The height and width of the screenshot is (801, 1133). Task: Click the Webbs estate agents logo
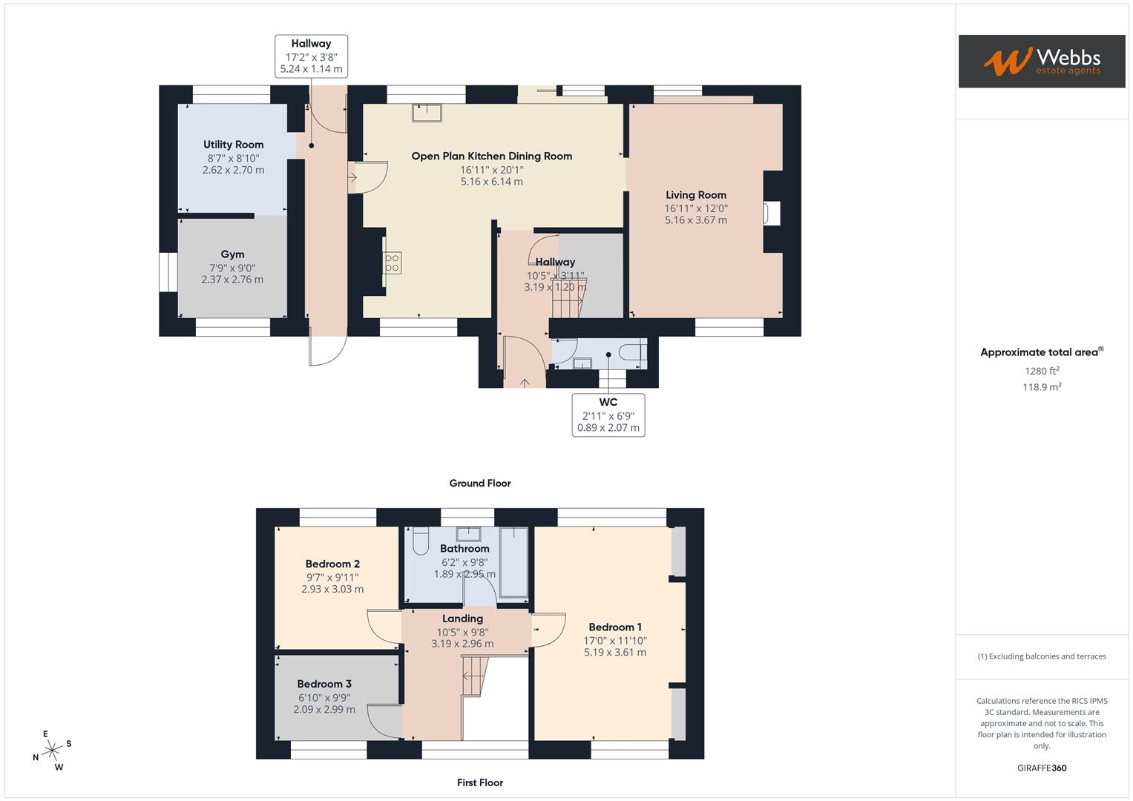click(x=1041, y=61)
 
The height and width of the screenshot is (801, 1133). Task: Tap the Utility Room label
click(x=233, y=145)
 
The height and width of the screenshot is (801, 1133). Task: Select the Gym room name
click(x=232, y=254)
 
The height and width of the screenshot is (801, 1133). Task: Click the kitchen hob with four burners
click(x=392, y=263)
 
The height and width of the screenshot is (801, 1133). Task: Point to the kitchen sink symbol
click(x=427, y=113)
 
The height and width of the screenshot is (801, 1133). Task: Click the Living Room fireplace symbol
click(x=771, y=214)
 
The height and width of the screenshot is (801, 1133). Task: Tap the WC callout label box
click(x=608, y=415)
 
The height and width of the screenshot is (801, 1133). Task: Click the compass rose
click(x=51, y=751)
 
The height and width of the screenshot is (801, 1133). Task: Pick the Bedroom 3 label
click(x=324, y=684)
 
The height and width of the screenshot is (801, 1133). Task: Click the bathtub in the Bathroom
click(x=513, y=562)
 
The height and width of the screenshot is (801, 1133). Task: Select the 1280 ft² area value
click(x=1041, y=371)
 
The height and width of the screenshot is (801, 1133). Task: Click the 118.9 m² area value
click(x=1041, y=387)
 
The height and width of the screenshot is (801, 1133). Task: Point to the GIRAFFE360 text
click(x=1041, y=768)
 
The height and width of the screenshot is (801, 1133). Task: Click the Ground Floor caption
click(x=480, y=484)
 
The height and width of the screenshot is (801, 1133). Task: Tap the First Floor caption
click(x=480, y=782)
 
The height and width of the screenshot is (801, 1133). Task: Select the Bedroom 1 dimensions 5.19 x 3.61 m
click(x=614, y=653)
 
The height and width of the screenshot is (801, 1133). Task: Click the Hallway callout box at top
click(x=311, y=56)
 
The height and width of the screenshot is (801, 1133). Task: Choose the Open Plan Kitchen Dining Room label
click(x=491, y=156)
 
